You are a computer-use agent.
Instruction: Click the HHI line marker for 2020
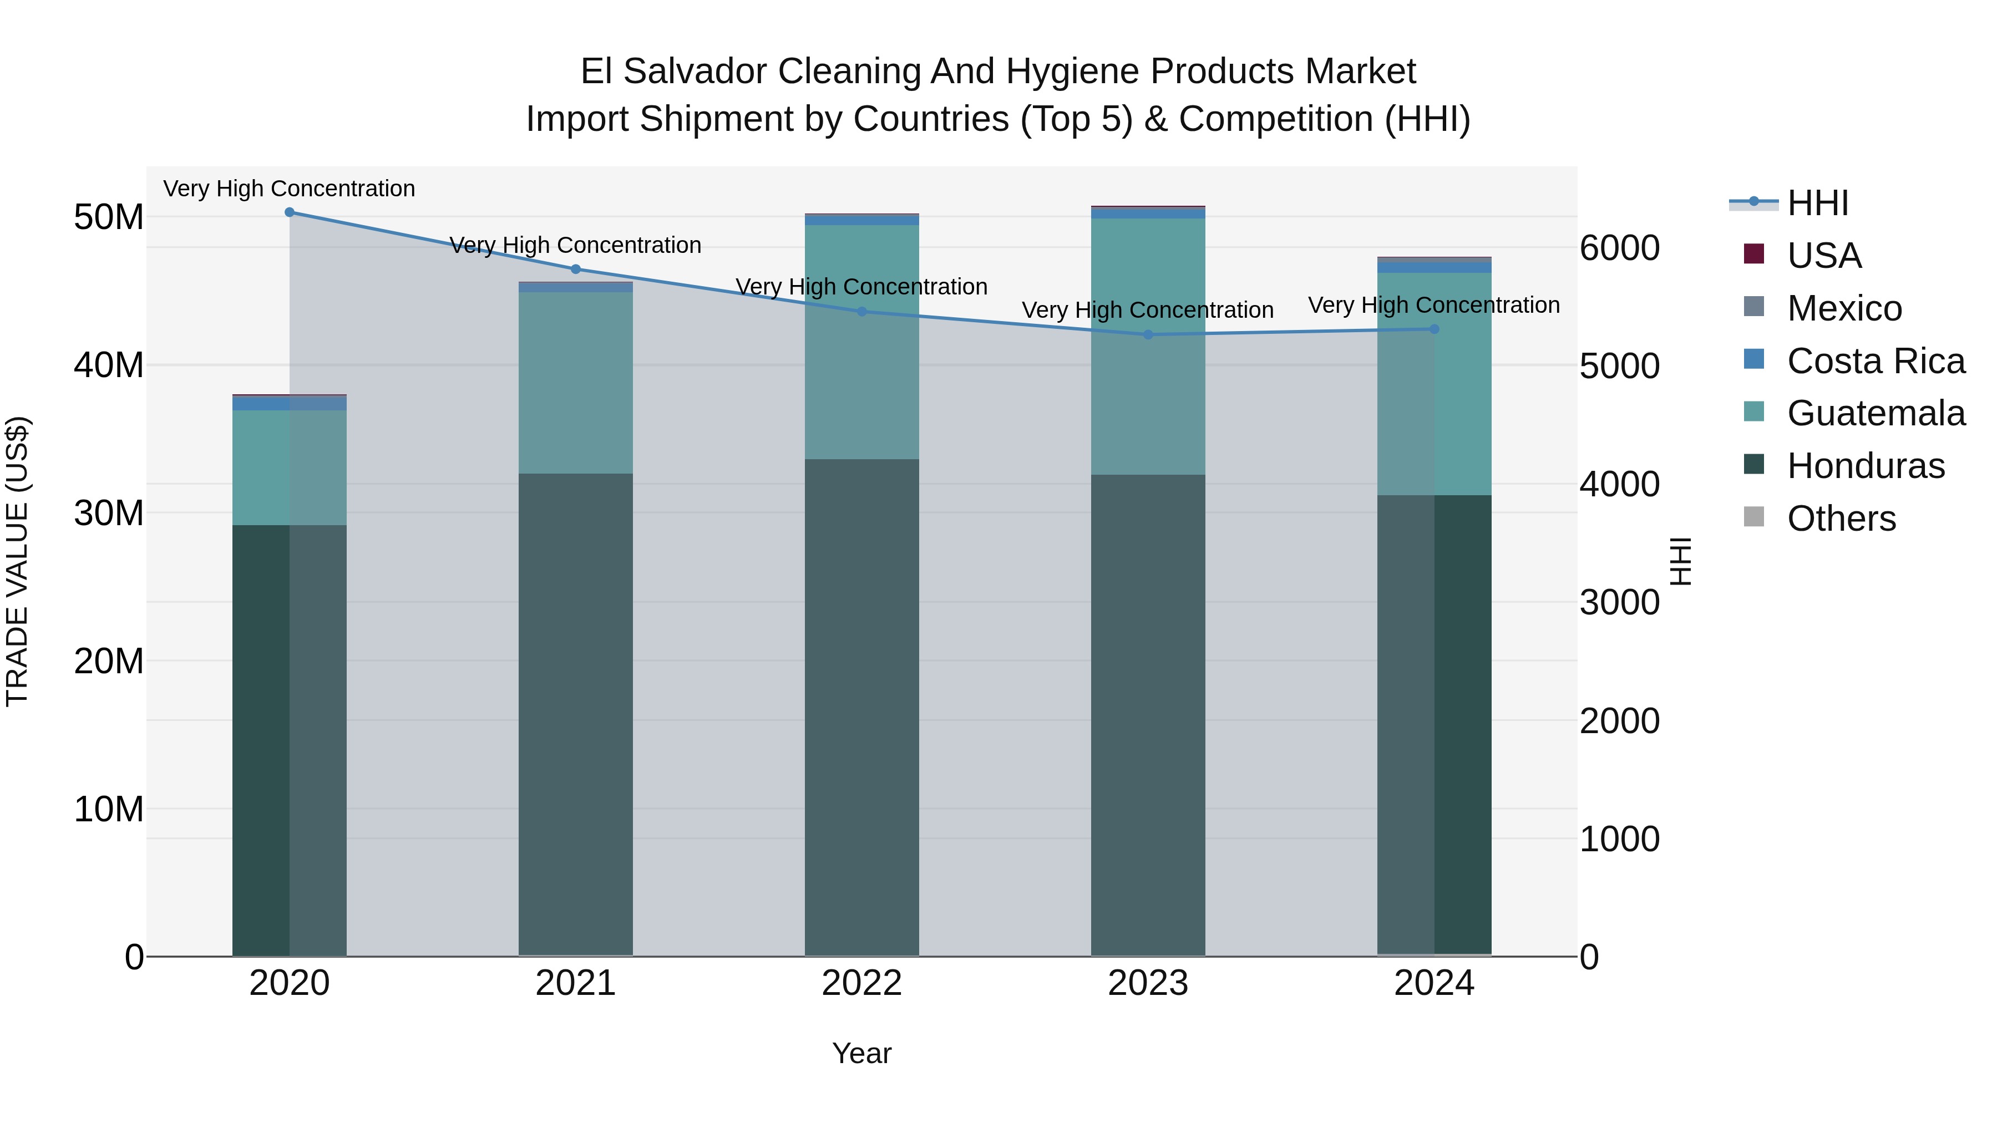289,212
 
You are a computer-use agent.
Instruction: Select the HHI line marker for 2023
1148,335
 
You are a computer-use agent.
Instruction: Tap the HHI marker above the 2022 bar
861,312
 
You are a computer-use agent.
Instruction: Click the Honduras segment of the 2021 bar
575,713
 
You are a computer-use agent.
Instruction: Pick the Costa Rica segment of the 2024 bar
1434,267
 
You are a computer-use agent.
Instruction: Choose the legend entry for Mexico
1843,308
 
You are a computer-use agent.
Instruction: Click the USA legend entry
1823,256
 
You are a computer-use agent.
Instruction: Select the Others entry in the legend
1841,519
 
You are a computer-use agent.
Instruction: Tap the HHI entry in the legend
1817,203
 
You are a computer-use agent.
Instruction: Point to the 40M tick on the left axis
109,365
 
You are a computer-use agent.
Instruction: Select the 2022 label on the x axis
861,983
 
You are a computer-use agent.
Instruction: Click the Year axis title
861,1053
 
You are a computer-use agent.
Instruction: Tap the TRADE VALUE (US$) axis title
17,561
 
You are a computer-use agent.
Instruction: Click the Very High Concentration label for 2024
1434,306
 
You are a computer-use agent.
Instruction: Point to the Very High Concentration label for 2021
575,245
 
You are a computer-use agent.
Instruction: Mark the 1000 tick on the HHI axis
1619,840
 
